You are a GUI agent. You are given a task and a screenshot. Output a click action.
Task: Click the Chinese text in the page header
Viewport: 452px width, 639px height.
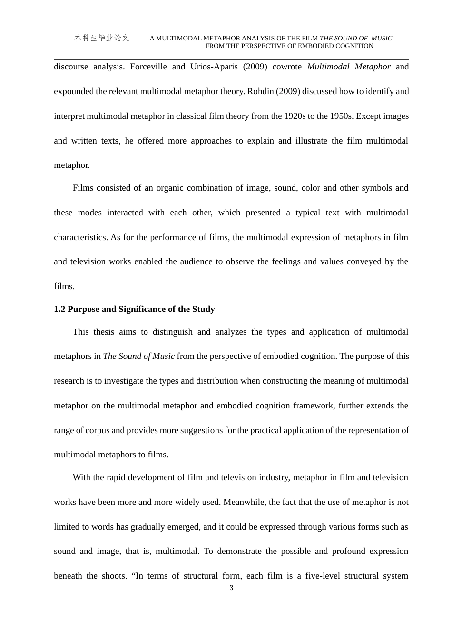coord(102,38)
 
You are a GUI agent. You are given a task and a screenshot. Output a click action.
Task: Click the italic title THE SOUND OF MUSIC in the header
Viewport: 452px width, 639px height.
coord(356,39)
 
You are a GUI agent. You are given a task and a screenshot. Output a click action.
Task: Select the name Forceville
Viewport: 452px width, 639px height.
coord(148,67)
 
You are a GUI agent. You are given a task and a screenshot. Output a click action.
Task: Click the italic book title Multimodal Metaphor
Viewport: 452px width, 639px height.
coord(349,67)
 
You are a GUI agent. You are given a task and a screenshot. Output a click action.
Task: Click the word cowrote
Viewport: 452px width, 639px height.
coord(287,67)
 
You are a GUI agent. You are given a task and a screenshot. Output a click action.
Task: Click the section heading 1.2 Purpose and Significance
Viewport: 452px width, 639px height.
coord(134,309)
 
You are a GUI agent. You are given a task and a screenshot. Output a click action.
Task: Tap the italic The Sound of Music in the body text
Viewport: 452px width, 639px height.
coord(138,356)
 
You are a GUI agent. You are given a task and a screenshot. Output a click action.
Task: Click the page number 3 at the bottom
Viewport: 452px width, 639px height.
coord(231,588)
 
